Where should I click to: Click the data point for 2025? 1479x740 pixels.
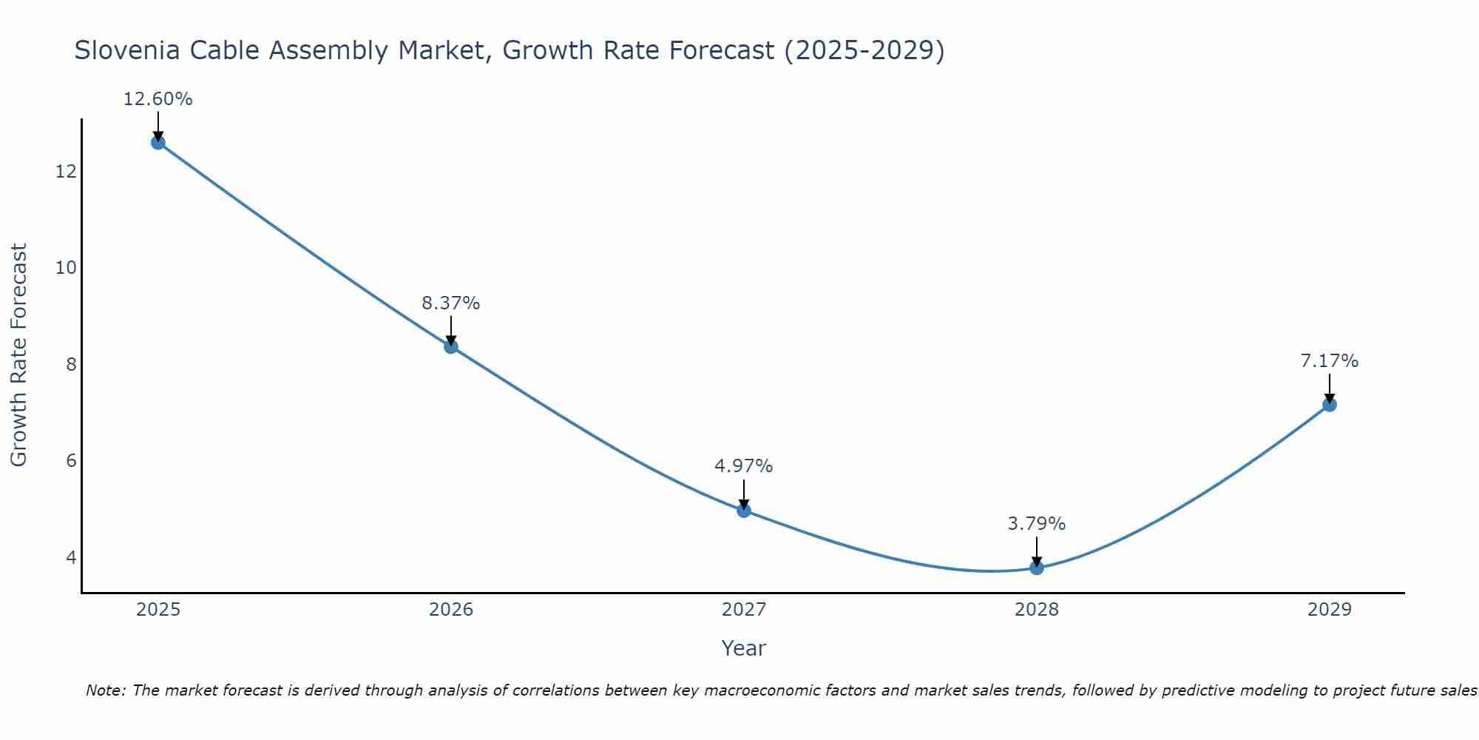tap(158, 142)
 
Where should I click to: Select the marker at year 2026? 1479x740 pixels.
tap(451, 346)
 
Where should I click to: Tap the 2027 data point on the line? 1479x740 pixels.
tap(744, 510)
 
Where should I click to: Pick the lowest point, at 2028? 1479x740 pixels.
tap(1037, 568)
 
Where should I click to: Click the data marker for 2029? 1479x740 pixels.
tap(1329, 405)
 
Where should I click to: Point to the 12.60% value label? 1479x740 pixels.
tap(158, 99)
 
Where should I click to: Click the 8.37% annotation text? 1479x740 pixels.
tap(451, 303)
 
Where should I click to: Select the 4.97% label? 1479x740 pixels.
tap(744, 466)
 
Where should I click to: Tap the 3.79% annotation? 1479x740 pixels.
tap(1037, 524)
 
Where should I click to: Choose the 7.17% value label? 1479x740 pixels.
tap(1329, 361)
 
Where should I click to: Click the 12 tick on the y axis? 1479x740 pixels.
tap(66, 172)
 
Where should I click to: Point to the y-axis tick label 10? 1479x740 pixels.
tap(66, 268)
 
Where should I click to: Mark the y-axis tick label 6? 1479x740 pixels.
tap(71, 461)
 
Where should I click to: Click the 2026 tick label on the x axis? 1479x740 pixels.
tap(451, 610)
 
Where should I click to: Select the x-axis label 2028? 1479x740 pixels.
tap(1037, 610)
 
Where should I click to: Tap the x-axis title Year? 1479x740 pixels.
tap(743, 648)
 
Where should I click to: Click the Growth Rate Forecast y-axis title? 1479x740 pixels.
tap(18, 355)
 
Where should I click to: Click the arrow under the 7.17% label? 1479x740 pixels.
tap(1329, 388)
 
